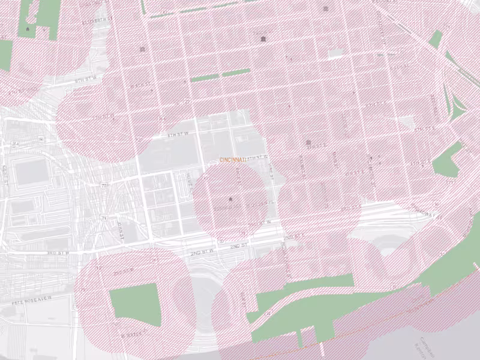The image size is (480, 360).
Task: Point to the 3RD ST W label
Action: click(x=58, y=253)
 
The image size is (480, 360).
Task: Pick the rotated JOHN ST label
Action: click(x=120, y=230)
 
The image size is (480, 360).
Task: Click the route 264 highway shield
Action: click(x=16, y=144)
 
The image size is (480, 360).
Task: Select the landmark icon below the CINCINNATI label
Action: click(x=230, y=198)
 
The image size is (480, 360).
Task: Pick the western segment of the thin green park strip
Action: click(x=205, y=77)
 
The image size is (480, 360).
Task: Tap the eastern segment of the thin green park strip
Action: click(x=236, y=73)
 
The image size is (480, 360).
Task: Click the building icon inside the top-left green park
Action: click(x=43, y=28)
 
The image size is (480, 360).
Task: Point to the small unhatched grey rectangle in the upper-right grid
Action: click(x=335, y=54)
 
